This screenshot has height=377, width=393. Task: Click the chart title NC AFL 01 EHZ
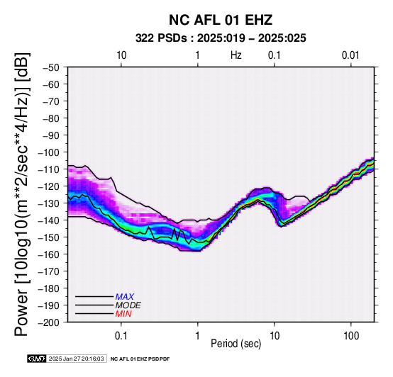(221, 20)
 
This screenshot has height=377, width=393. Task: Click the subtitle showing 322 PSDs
(221, 38)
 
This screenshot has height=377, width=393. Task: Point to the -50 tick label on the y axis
(51, 67)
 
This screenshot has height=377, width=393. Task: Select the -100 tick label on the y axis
(48, 152)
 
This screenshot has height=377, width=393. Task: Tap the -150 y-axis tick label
(48, 237)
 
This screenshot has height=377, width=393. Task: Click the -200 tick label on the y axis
(48, 322)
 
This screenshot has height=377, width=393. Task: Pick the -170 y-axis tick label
(48, 271)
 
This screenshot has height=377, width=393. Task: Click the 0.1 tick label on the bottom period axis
(121, 336)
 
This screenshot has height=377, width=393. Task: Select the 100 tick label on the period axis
(351, 336)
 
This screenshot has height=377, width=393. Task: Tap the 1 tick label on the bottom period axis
(198, 336)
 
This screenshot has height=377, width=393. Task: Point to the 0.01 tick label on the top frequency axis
(350, 55)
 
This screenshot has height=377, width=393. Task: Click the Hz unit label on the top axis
(236, 55)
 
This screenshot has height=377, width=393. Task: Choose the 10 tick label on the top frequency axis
(121, 55)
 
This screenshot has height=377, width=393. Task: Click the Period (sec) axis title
(236, 344)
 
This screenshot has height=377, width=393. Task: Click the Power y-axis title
(21, 194)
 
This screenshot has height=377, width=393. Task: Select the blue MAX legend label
(124, 297)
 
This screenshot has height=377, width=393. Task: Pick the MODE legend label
(128, 305)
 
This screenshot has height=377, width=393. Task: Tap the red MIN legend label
(123, 314)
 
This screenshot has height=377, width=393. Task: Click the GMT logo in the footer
(37, 359)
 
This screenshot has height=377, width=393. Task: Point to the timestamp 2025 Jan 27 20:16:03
(76, 359)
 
